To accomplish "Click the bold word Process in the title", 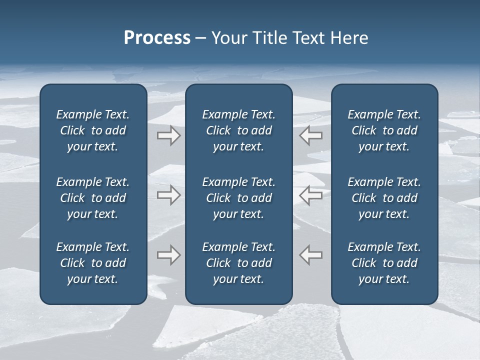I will click(157, 38).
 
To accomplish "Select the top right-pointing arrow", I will click(168, 135).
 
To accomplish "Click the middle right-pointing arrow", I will click(168, 195).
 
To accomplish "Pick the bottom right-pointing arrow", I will click(168, 255).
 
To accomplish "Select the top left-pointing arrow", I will click(310, 135).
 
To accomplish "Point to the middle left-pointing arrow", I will click(310, 195).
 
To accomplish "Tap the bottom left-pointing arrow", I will click(310, 255).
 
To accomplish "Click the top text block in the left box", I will click(93, 130).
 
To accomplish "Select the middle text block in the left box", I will click(93, 198).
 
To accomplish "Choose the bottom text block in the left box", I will click(93, 263).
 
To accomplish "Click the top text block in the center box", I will click(238, 130).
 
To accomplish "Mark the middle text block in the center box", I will click(238, 198).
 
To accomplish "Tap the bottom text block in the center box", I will click(238, 263).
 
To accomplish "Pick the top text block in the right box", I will click(384, 130).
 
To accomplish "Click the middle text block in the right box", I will click(384, 198).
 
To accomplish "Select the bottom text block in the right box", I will click(384, 263).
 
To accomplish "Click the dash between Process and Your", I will click(201, 39).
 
